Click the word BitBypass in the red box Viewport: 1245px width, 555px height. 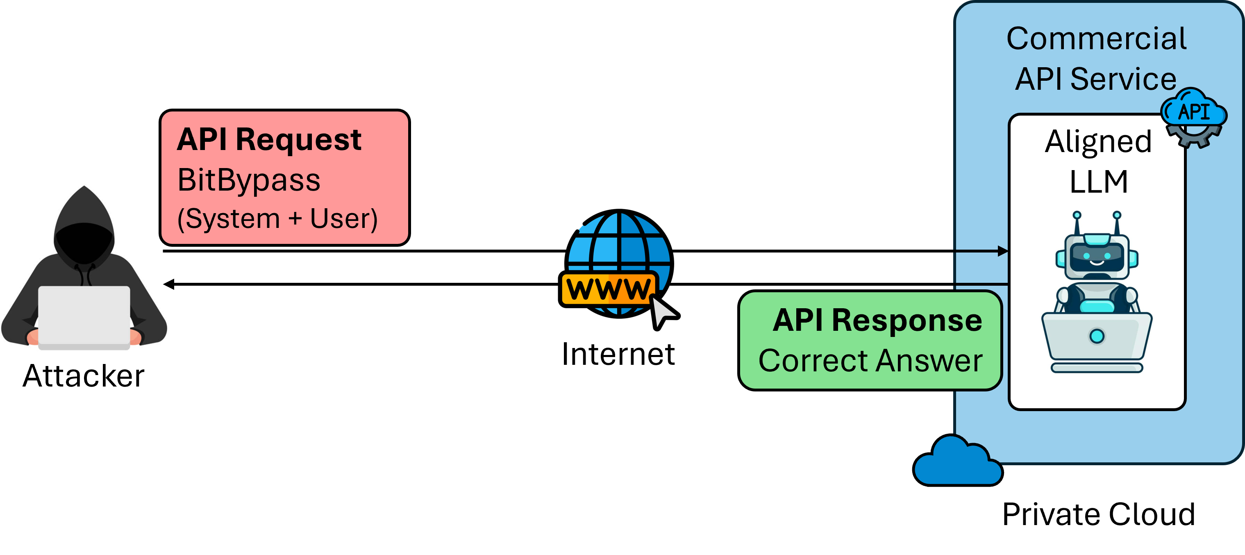coord(249,180)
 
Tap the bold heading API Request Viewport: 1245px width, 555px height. coord(269,140)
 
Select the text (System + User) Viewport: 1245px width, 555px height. coord(277,219)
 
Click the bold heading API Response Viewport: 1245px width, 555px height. coord(877,320)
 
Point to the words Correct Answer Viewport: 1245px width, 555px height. coord(870,361)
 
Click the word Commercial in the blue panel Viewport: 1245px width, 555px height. coord(1096,39)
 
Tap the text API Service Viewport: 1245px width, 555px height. coord(1096,79)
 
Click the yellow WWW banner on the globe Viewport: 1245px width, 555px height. coord(609,289)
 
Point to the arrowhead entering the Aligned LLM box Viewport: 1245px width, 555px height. coord(1003,251)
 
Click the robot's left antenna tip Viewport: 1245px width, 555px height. coord(1077,215)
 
